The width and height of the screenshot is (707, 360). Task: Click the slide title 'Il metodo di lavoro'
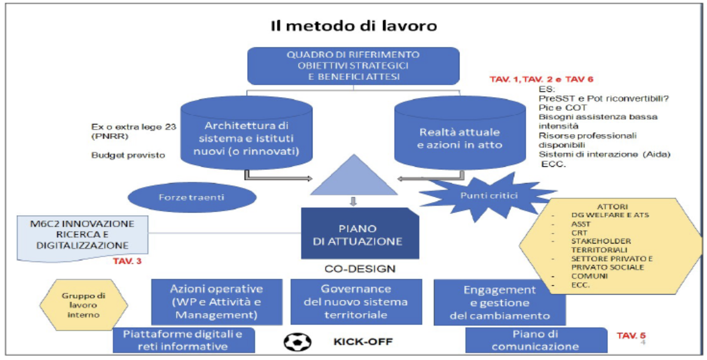[x=354, y=26]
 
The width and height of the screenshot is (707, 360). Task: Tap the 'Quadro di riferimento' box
[x=353, y=66]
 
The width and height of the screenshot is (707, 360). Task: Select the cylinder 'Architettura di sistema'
[x=247, y=133]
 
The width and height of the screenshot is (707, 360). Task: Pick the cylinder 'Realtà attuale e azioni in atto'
[x=460, y=133]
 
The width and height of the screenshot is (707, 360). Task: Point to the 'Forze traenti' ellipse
[x=192, y=197]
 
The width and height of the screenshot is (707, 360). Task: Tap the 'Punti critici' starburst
[x=488, y=196]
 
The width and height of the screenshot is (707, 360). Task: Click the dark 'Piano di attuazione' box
[x=360, y=233]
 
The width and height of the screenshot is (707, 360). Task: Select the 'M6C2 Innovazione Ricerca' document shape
[x=82, y=238]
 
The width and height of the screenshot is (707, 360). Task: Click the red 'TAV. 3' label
[x=127, y=261]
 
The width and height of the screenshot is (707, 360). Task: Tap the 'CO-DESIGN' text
[x=360, y=269]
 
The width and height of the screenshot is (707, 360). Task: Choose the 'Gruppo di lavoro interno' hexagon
[x=84, y=305]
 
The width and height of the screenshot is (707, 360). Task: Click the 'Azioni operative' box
[x=217, y=302]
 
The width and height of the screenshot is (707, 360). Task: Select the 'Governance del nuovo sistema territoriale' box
[x=356, y=302]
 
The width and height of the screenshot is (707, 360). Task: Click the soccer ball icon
[x=297, y=342]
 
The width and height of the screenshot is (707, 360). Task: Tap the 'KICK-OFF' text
[x=363, y=342]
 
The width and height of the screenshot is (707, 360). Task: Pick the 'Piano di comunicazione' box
[x=536, y=340]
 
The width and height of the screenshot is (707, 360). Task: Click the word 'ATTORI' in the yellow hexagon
[x=613, y=207]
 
